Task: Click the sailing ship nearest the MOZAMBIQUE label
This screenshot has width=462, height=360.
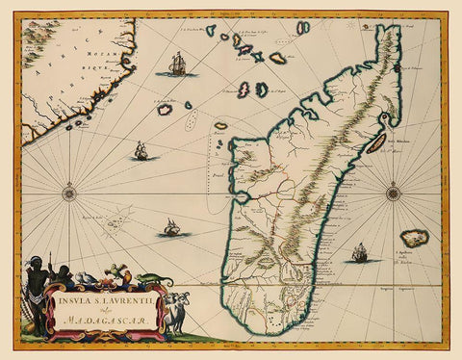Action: pos(177,65)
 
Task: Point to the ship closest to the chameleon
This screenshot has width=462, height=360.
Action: pos(171,227)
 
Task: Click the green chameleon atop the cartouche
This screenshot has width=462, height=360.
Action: pos(154,280)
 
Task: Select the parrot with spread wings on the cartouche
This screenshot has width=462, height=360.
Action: pos(116,270)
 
